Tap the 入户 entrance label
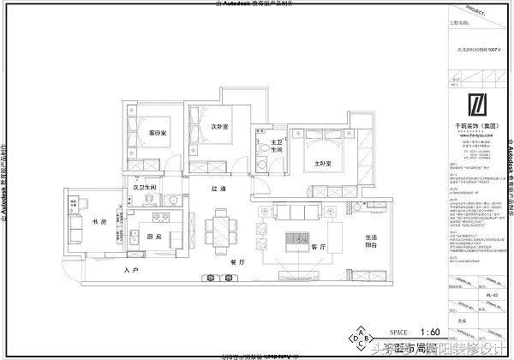click(x=131, y=271)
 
